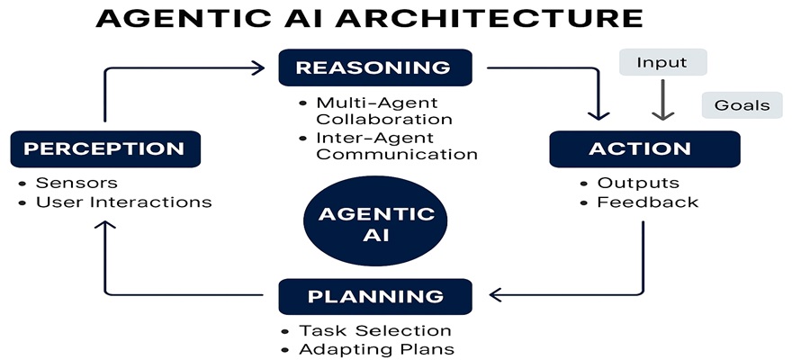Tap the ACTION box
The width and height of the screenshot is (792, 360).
[639, 148]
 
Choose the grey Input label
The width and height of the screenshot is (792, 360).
[661, 63]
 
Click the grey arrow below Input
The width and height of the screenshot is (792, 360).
[662, 101]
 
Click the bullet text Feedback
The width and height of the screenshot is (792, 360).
[646, 202]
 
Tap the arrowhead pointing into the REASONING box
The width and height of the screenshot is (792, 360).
[259, 67]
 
